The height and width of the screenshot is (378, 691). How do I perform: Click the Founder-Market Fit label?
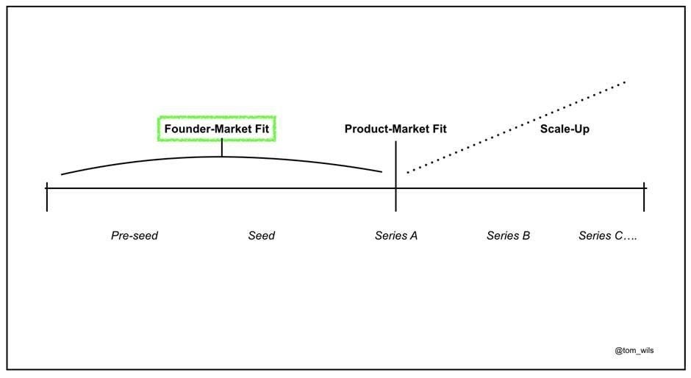click(217, 129)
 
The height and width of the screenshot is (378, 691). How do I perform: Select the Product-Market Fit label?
click(395, 129)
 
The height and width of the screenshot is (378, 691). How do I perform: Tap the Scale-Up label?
click(565, 129)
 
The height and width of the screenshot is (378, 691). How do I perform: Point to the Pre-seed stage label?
click(135, 236)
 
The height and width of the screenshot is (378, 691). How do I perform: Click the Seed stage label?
click(261, 236)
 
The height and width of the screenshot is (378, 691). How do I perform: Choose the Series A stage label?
click(396, 236)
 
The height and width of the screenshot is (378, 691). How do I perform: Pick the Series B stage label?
click(508, 236)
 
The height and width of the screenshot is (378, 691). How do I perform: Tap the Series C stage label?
click(606, 236)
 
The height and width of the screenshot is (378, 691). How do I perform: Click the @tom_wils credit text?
click(634, 351)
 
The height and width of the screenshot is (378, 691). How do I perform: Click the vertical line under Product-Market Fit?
click(395, 165)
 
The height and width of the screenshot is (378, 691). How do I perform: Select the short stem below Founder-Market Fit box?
click(221, 149)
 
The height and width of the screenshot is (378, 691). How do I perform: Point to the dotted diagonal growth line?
click(515, 127)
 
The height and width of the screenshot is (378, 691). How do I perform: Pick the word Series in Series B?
click(501, 236)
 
